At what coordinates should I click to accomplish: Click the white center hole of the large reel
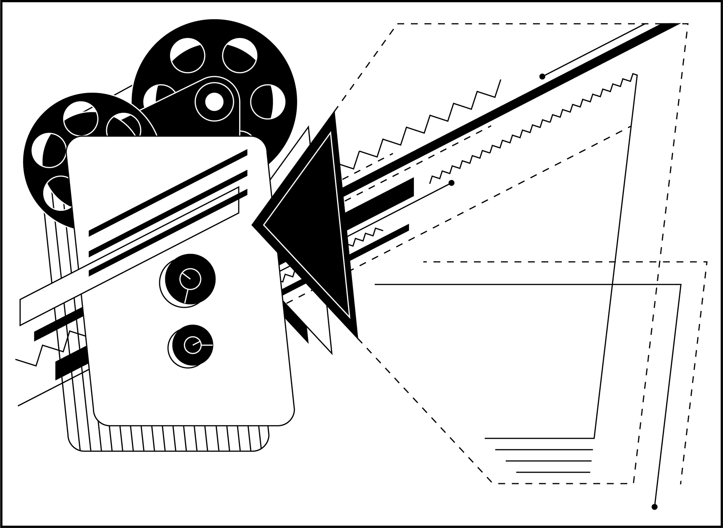click(x=214, y=102)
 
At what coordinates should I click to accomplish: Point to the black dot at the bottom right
click(x=654, y=507)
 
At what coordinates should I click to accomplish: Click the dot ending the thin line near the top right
click(x=542, y=77)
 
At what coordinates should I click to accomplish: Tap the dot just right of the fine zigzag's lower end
click(x=451, y=183)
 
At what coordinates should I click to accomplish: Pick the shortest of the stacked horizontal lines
click(x=553, y=472)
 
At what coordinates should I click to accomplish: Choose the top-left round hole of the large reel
click(x=188, y=55)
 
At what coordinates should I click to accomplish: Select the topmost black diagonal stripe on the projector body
click(x=168, y=193)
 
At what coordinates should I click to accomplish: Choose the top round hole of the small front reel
click(x=80, y=119)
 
